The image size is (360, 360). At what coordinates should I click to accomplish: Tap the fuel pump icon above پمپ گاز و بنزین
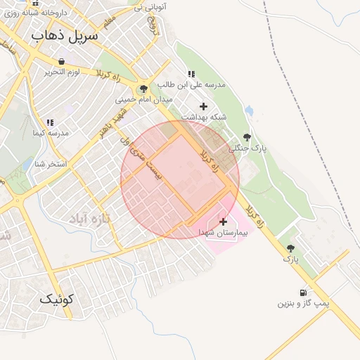(x=304, y=292)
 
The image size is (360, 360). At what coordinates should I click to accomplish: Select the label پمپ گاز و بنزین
(x=303, y=304)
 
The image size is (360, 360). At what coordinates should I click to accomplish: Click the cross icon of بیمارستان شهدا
(x=224, y=221)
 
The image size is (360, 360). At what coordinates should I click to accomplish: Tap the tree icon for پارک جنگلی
(x=247, y=137)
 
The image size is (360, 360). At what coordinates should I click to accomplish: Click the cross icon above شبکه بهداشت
(x=204, y=107)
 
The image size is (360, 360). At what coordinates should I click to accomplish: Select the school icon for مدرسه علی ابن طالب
(x=191, y=74)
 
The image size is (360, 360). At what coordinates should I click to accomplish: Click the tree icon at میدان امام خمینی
(x=144, y=89)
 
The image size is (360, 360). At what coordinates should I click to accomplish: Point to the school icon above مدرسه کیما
(x=49, y=122)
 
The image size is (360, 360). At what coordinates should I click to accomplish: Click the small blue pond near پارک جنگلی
(x=250, y=110)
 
